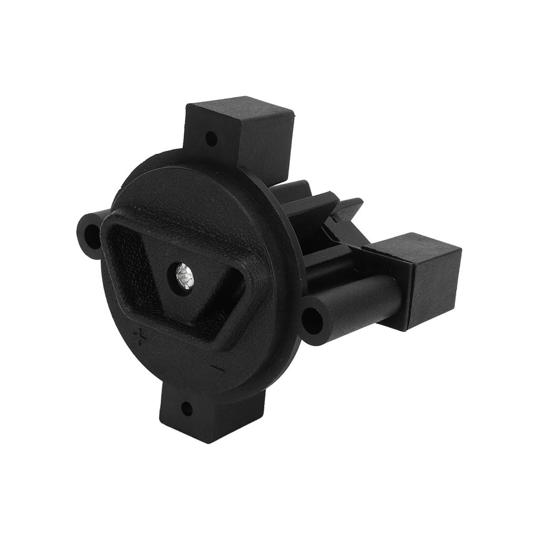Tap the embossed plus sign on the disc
(x=140, y=335)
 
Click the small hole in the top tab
(x=211, y=139)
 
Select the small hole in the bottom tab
(x=185, y=407)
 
